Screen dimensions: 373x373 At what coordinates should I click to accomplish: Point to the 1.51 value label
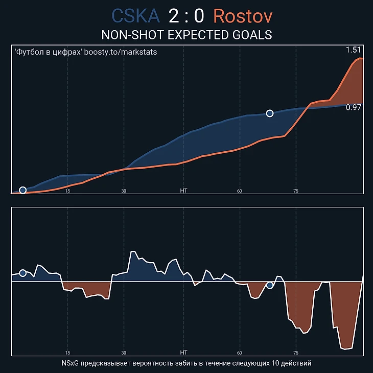point(354,50)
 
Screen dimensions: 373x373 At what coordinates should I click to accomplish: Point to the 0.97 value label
point(354,107)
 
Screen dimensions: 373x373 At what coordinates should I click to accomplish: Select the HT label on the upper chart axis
point(184,191)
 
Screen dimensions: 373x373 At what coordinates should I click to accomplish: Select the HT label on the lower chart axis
point(184,353)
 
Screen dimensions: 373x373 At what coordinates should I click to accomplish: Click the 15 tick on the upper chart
point(67,191)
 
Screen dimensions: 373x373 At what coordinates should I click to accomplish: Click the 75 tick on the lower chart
point(296,353)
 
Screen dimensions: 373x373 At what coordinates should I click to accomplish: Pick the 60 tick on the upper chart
point(239,191)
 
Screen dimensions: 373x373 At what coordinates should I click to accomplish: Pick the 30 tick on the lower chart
point(124,353)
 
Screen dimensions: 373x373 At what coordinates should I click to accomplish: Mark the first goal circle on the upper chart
point(22,190)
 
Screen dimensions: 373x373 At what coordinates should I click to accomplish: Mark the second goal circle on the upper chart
point(270,113)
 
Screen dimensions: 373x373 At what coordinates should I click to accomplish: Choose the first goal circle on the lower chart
point(22,273)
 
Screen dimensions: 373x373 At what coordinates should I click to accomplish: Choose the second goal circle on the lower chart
point(270,285)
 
